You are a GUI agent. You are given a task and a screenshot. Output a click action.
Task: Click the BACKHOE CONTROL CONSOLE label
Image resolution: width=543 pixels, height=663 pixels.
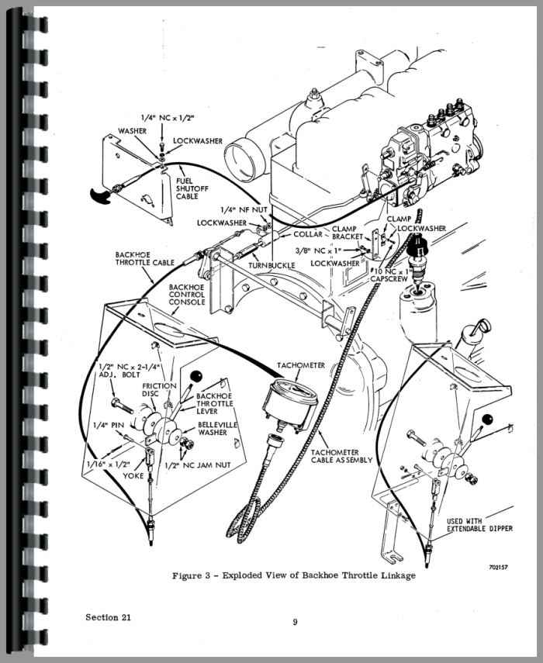pyautogui.click(x=187, y=295)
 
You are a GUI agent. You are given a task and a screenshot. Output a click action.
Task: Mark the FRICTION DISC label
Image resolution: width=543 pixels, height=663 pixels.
pyautogui.click(x=158, y=389)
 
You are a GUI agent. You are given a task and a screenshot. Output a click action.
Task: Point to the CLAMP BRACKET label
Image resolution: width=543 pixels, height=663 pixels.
pyautogui.click(x=344, y=234)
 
